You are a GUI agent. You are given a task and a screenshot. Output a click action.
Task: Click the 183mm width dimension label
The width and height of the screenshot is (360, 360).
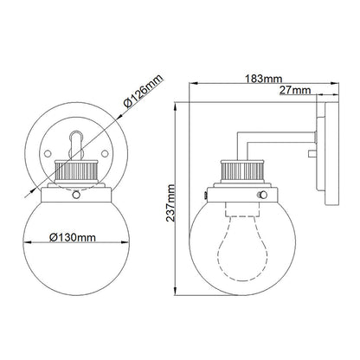(x=259, y=80)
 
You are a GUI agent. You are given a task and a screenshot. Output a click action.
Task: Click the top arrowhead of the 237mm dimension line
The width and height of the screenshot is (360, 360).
(x=177, y=104)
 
